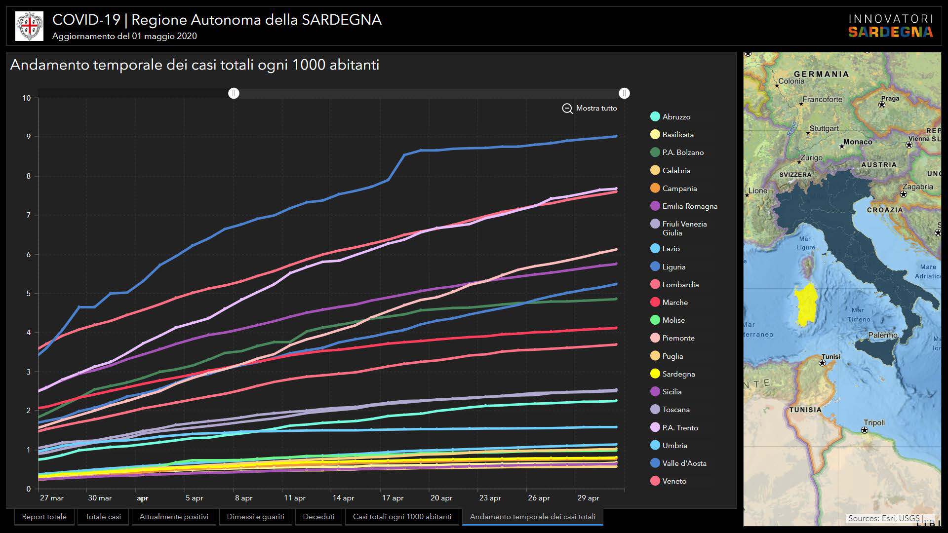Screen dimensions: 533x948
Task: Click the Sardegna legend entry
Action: (678, 374)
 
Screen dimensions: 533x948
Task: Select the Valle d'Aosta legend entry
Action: (684, 463)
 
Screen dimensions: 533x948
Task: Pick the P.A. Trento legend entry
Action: (680, 428)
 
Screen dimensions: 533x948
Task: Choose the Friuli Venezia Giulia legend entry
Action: (684, 228)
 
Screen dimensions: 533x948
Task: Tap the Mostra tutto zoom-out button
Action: (590, 108)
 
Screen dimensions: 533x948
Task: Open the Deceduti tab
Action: (318, 517)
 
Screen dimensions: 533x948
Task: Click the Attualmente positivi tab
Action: (174, 517)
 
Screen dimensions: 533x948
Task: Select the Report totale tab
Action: (44, 517)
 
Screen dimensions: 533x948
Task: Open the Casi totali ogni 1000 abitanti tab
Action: (402, 517)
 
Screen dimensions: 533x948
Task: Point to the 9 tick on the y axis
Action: (28, 137)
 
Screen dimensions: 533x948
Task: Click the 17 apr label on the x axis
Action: (393, 498)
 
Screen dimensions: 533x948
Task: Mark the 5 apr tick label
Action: (194, 498)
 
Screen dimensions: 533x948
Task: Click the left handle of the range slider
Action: (234, 93)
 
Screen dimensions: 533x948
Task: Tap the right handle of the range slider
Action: (624, 93)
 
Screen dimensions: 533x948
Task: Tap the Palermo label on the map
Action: (883, 336)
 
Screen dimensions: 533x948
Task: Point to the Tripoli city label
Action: (874, 423)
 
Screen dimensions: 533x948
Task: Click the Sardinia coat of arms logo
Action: (29, 26)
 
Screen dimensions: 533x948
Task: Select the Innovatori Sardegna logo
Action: (890, 26)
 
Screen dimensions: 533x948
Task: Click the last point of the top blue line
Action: (616, 136)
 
